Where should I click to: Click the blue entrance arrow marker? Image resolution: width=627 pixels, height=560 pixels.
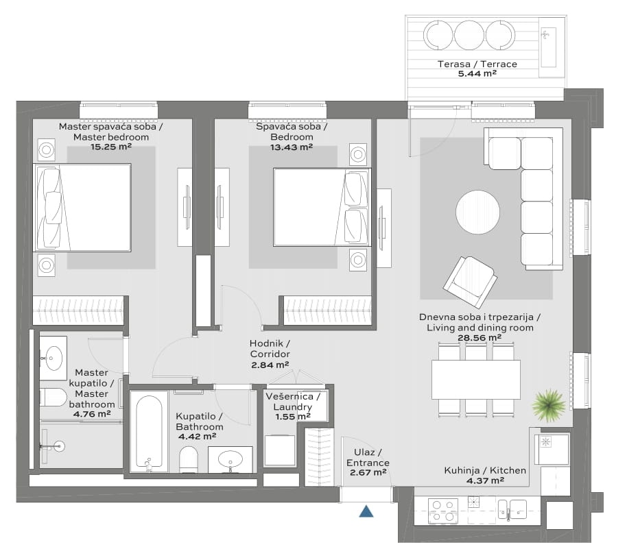[366, 511]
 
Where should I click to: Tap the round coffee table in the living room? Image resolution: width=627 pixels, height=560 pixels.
[477, 212]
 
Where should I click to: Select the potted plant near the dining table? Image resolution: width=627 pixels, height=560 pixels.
[549, 405]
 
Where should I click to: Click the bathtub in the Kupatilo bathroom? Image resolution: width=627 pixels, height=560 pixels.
[149, 431]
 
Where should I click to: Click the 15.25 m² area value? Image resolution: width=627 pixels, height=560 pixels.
[110, 147]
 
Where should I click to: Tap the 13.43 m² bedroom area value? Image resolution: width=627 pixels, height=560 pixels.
[292, 147]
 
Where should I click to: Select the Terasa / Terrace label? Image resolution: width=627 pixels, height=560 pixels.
[477, 64]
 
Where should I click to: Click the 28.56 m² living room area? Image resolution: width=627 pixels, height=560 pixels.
[480, 337]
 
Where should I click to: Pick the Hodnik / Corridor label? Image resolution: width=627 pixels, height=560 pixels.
[270, 349]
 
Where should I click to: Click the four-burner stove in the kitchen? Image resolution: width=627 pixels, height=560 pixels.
[443, 511]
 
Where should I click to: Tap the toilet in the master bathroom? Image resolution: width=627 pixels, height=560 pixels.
[54, 397]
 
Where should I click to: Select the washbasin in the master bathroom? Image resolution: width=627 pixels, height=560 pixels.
[54, 358]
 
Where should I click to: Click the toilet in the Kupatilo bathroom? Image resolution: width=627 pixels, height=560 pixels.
[189, 459]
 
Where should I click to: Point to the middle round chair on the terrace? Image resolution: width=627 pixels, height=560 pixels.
[469, 35]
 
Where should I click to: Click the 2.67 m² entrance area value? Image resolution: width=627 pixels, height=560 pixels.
[368, 472]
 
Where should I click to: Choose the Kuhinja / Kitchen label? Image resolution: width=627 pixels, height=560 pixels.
[485, 470]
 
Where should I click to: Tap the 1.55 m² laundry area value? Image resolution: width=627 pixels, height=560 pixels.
[293, 417]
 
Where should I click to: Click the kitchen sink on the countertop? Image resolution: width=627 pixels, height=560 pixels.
[512, 510]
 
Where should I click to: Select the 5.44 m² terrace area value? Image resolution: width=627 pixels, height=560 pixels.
[477, 73]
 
